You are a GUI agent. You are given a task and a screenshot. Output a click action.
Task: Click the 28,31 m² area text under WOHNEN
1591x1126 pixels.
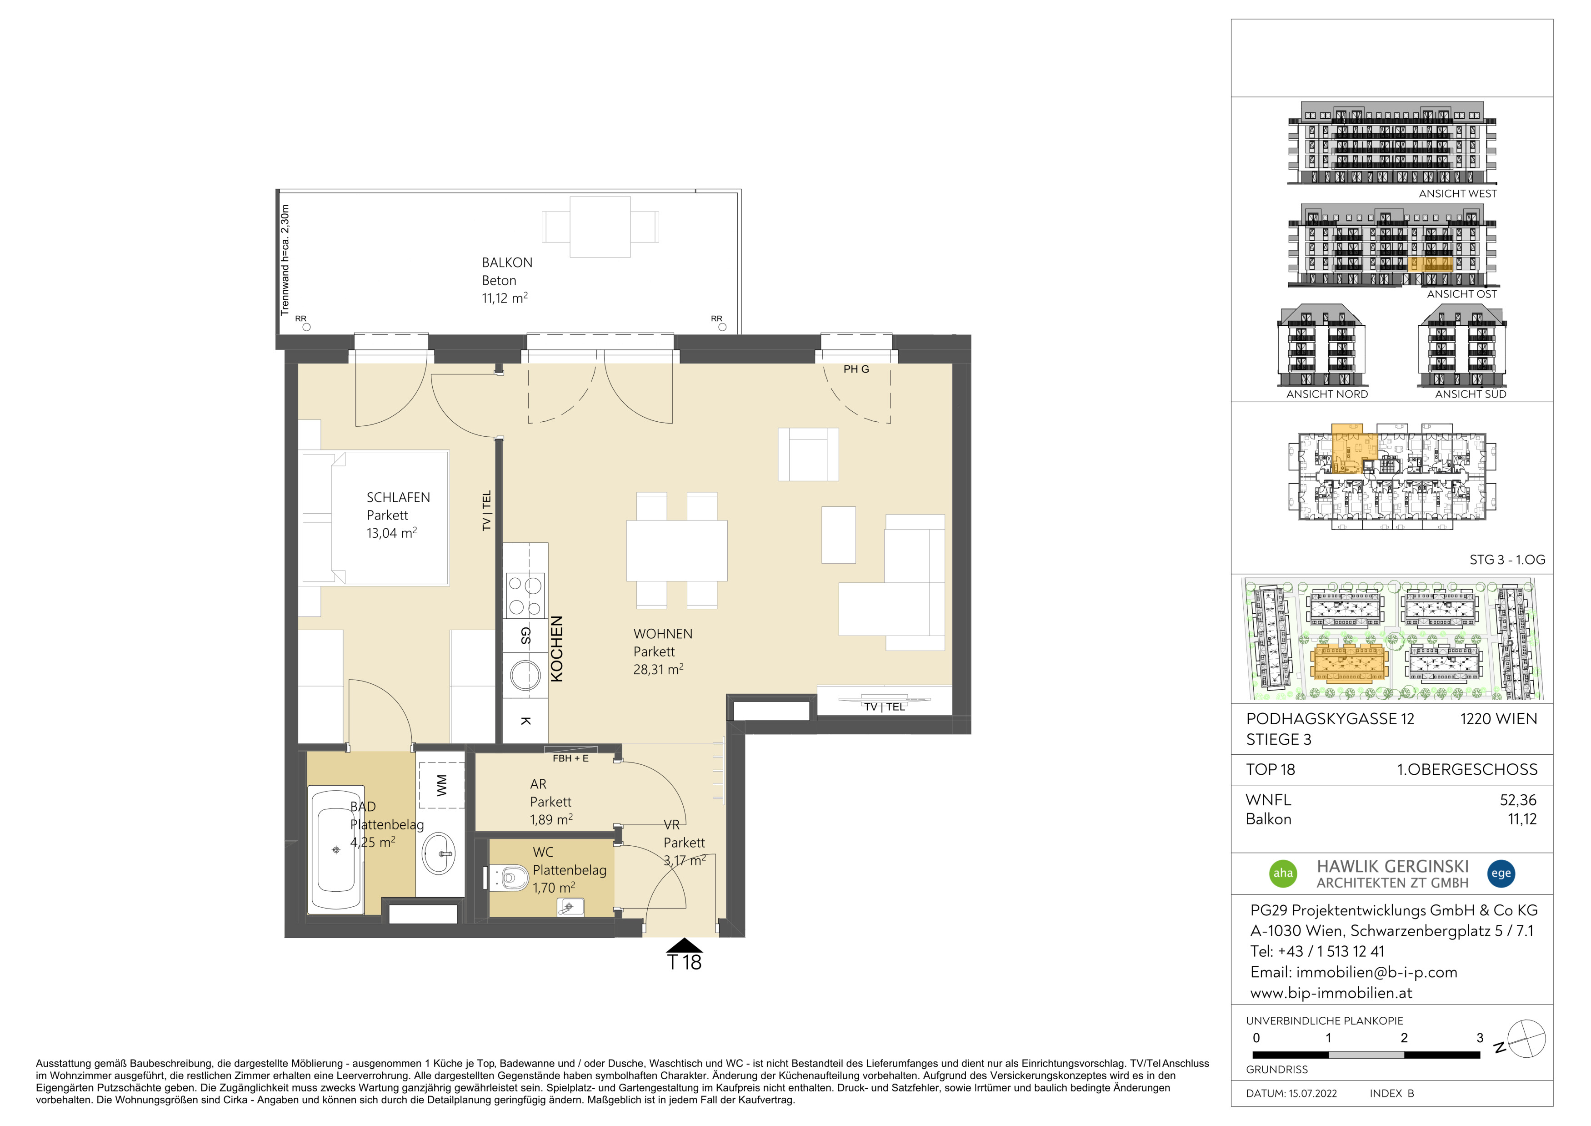tap(658, 670)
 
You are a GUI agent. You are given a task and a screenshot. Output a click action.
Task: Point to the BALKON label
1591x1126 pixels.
tap(507, 263)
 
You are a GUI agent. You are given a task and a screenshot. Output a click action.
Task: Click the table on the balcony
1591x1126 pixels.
tap(600, 227)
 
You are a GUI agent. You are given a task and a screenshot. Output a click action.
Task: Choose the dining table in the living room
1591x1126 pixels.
tap(677, 550)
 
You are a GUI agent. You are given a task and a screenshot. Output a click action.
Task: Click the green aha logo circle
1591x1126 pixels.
tap(1283, 873)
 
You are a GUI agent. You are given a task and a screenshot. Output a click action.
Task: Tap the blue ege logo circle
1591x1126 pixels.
tap(1501, 873)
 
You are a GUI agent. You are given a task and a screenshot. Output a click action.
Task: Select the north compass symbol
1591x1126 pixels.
tap(1526, 1039)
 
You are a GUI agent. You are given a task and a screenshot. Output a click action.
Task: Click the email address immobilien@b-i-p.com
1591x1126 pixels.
tap(1377, 972)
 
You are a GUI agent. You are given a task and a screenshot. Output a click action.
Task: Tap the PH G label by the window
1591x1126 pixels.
tap(856, 369)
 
